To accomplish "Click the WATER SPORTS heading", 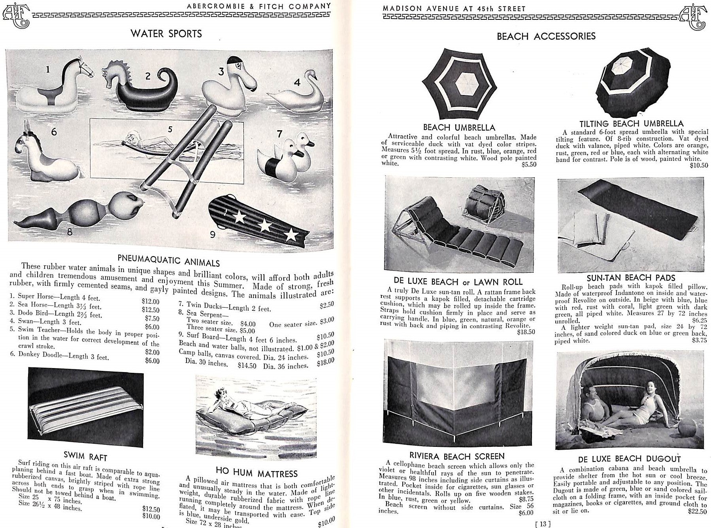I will (x=166, y=34).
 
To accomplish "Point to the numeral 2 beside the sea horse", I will (x=148, y=76).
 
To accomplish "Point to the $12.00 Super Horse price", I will (x=151, y=302).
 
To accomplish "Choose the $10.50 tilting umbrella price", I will (x=698, y=165).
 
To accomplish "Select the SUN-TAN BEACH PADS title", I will (x=631, y=278).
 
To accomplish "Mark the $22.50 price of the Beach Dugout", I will (x=698, y=511).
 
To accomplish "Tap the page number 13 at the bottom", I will (x=543, y=524).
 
